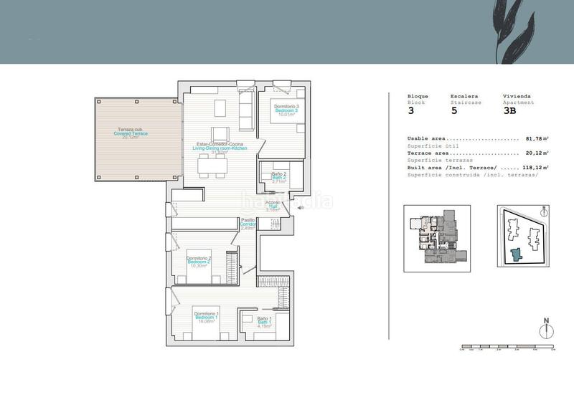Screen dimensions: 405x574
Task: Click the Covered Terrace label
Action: pos(131,133)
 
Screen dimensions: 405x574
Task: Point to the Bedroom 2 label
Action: pos(198,262)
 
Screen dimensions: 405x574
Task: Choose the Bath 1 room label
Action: pos(263,321)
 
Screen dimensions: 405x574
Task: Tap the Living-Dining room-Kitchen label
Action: pos(225,148)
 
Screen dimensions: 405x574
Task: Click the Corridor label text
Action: pos(248,224)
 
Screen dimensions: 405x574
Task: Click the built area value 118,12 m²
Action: pos(535,167)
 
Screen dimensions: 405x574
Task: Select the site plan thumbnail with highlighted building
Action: pos(522,239)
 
